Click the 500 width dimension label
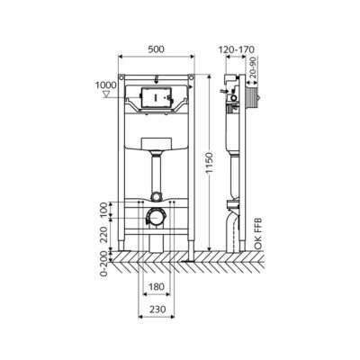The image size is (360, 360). (x=157, y=49)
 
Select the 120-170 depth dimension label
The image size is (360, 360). (x=236, y=49)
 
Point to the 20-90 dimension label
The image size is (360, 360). (x=253, y=67)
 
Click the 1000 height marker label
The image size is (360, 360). (x=105, y=85)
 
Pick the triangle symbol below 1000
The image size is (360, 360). (x=106, y=94)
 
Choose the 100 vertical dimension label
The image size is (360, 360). (x=103, y=210)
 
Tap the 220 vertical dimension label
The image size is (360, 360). (x=103, y=235)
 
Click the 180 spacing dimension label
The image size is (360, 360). (x=157, y=287)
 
